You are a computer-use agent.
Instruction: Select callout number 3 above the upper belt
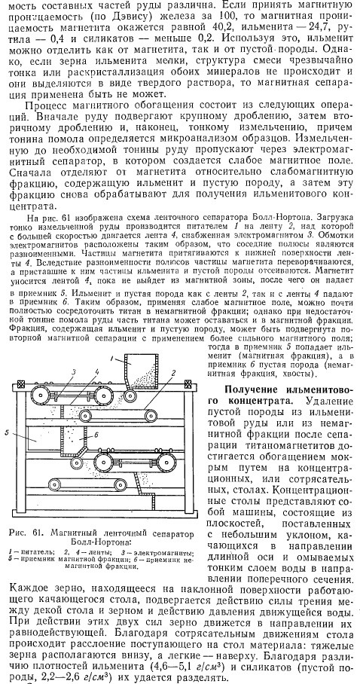(x=74, y=371)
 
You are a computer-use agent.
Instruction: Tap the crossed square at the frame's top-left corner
(x=20, y=384)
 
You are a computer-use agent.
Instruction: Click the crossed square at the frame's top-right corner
(x=188, y=384)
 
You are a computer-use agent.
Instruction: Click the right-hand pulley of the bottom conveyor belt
(x=119, y=484)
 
